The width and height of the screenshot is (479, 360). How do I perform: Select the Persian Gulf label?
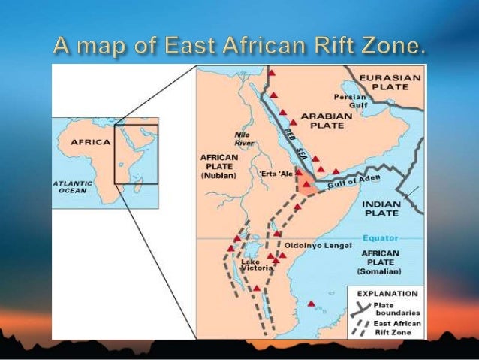351,101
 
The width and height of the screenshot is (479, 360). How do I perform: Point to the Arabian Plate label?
324,123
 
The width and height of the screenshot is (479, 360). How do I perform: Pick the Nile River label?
244,139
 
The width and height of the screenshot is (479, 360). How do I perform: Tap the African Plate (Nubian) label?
218,166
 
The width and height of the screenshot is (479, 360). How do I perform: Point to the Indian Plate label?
381,208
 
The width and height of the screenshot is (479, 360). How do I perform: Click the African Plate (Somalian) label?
381,262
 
